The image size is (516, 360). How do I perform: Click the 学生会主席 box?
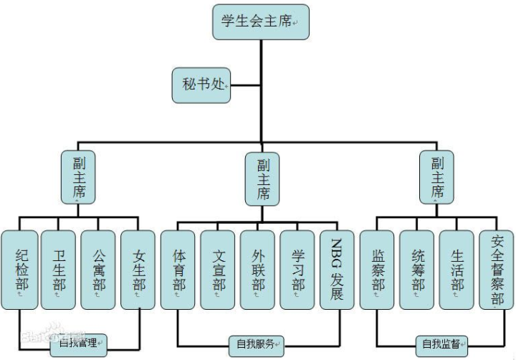pyautogui.click(x=261, y=22)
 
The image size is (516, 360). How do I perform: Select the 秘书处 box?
pyautogui.click(x=201, y=85)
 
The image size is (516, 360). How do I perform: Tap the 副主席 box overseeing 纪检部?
pyautogui.click(x=78, y=176)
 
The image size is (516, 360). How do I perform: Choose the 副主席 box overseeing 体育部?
pyautogui.click(x=262, y=179)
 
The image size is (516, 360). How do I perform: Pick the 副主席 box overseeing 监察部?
pyautogui.click(x=437, y=176)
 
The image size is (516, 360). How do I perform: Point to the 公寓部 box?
pyautogui.click(x=98, y=270)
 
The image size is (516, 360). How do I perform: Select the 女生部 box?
pyautogui.click(x=138, y=270)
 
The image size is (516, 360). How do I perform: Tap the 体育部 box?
pyautogui.click(x=178, y=270)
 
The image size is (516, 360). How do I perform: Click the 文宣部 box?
pyautogui.click(x=218, y=270)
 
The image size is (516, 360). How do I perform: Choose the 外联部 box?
pyautogui.click(x=258, y=270)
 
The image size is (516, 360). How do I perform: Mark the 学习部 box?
pyautogui.click(x=297, y=270)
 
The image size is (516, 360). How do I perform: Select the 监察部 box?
pyautogui.click(x=377, y=270)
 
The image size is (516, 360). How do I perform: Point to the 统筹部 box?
pyautogui.click(x=417, y=270)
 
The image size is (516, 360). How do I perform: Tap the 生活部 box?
pyautogui.click(x=457, y=270)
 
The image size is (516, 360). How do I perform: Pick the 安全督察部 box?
pyautogui.click(x=497, y=270)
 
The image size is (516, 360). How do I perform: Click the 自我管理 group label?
pyautogui.click(x=78, y=344)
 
